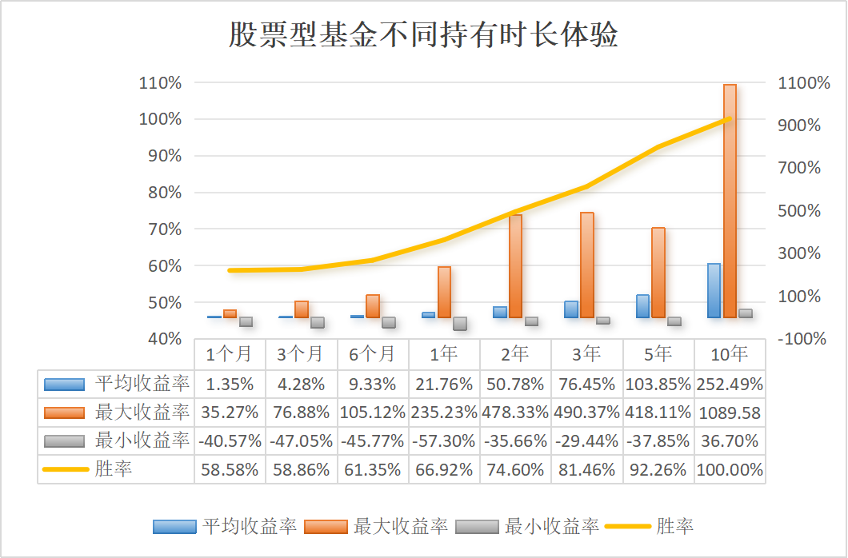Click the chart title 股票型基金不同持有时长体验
423,36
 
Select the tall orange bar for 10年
730,200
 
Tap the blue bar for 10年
714,290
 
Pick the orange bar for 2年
515,265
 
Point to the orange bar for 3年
587,265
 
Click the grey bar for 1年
460,324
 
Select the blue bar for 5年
642,306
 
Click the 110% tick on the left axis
161,82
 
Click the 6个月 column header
373,353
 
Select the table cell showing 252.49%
729,384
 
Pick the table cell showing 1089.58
729,413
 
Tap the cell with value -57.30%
444,441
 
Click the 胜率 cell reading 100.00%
729,470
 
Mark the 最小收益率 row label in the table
142,440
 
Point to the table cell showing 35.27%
230,413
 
